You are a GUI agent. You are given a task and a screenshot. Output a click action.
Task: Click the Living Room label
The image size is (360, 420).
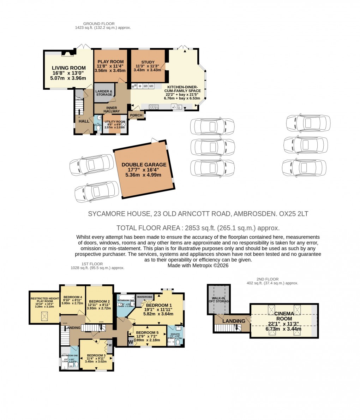tap(69, 68)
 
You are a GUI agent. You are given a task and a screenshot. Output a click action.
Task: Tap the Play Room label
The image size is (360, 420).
tap(110, 61)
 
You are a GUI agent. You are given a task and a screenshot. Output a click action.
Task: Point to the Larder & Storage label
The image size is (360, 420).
tap(104, 93)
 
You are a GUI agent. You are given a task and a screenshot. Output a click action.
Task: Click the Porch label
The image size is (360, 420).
tap(136, 115)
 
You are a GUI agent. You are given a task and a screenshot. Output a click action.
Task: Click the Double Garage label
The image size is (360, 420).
tap(144, 165)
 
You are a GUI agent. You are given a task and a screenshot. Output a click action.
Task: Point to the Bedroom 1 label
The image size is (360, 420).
tap(159, 305)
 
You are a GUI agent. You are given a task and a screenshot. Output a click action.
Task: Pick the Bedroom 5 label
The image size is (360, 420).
tap(147, 333)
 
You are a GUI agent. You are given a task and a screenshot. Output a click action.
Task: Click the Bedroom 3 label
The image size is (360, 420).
tap(96, 355)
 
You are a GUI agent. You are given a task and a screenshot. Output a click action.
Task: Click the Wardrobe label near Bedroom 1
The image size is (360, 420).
tap(144, 297)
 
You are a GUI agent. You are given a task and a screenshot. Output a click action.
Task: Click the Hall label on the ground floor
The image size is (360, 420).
tap(84, 121)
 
